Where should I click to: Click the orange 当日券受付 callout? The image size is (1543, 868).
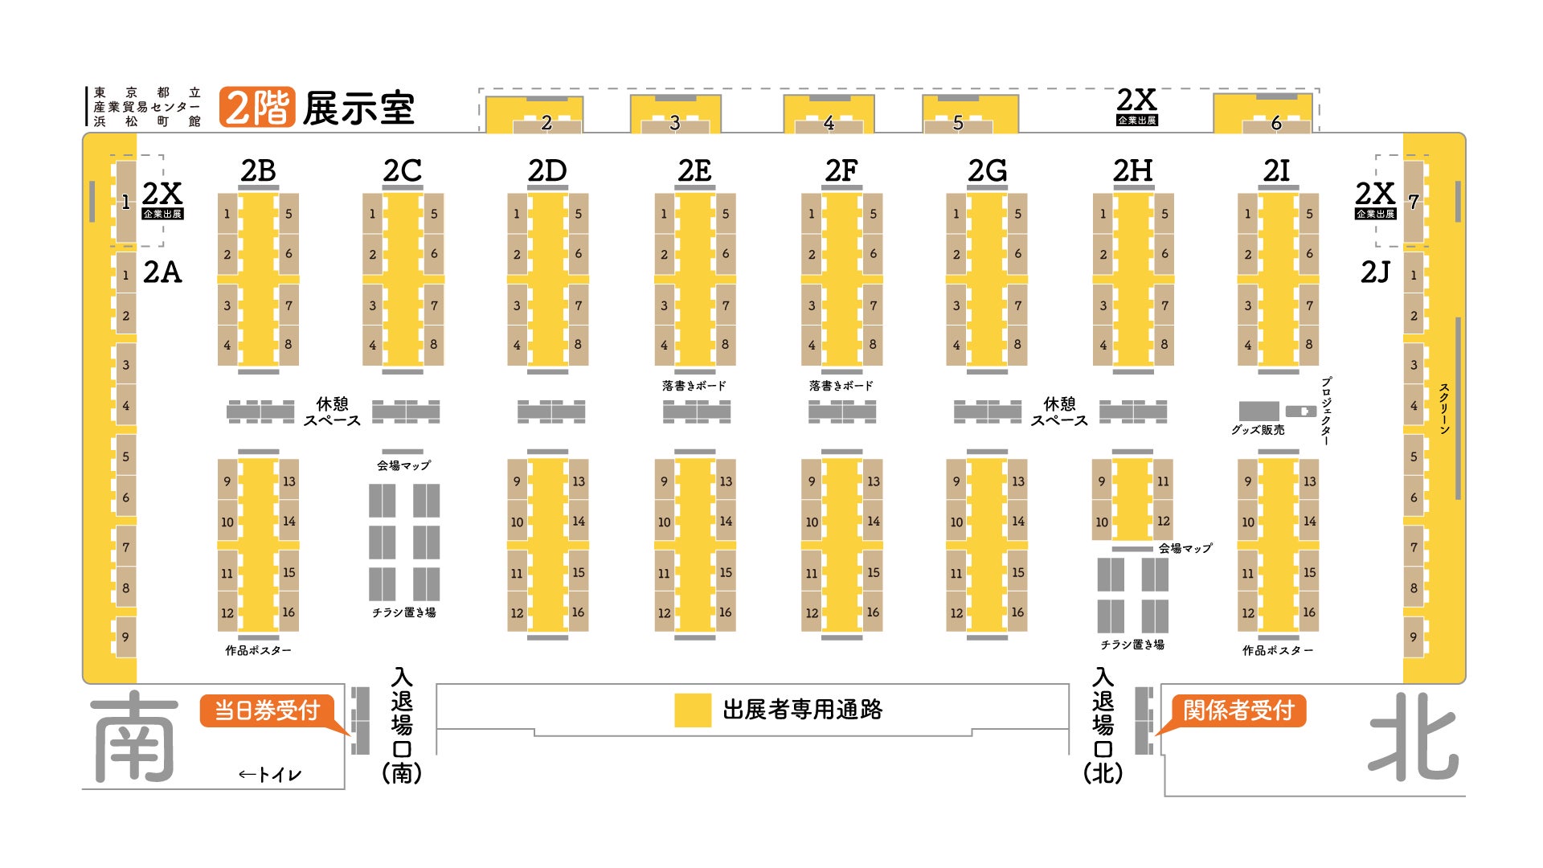pos(267,710)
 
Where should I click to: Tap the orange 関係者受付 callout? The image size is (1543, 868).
pos(1238,710)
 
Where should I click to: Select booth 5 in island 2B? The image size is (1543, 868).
pos(289,214)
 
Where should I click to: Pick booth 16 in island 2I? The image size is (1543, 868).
pos(1309,612)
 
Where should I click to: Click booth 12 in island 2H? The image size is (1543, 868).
pos(1163,521)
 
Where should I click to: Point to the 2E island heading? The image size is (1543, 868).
pos(694,170)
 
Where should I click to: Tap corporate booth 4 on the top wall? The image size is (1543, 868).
pos(829,123)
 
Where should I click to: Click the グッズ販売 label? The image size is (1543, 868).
pos(1258,430)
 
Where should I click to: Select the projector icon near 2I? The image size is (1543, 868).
pos(1301,411)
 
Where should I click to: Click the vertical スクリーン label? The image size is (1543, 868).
pos(1444,409)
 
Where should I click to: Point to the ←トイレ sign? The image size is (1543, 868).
pos(270,775)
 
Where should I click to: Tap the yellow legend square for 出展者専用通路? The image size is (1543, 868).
pos(692,710)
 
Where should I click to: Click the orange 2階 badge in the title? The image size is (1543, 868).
pos(257,108)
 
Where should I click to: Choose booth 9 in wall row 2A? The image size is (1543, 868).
pos(126,637)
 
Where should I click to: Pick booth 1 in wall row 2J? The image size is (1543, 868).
pos(1414,275)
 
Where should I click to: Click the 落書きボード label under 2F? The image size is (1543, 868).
pos(841,386)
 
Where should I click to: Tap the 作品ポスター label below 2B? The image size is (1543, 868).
pos(258,650)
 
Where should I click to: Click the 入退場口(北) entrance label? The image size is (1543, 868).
pos(1103,725)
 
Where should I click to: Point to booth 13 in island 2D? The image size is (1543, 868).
pos(579,481)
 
